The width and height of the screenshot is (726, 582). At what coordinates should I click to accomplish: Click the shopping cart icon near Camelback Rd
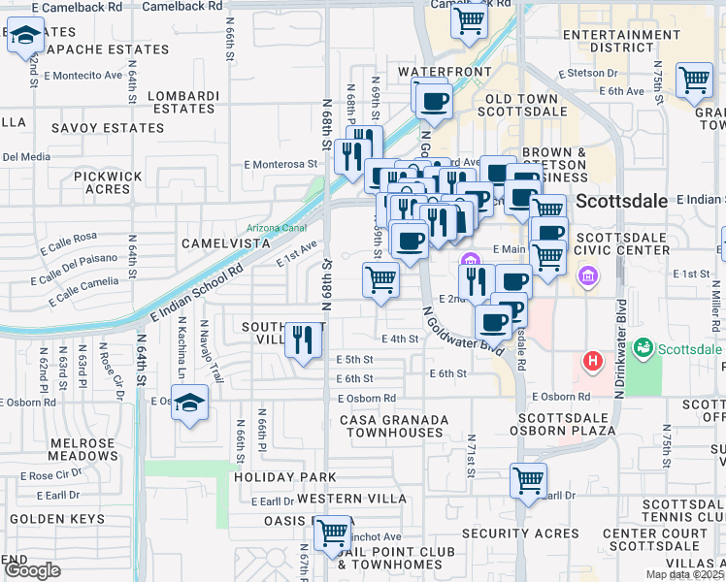point(470,19)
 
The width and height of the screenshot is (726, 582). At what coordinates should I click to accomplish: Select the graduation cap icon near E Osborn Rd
point(190,402)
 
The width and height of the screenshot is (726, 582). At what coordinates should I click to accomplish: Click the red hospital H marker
point(592,363)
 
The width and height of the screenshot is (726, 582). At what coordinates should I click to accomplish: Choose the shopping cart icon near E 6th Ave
point(694,81)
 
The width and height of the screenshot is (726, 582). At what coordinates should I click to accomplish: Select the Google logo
point(32,570)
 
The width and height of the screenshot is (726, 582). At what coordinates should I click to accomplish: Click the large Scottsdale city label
point(622,202)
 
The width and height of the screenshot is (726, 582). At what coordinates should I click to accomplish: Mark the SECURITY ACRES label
point(520,533)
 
